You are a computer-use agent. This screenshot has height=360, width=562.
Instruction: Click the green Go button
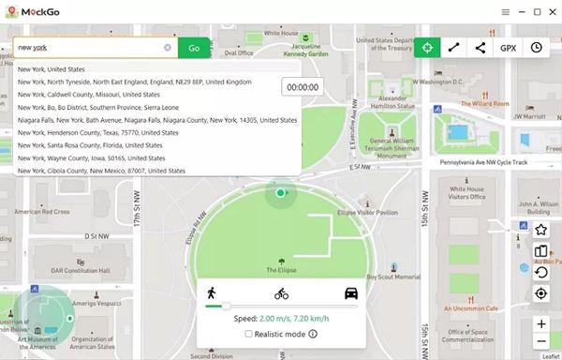click(194, 47)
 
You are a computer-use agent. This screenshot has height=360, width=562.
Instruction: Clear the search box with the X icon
click(168, 47)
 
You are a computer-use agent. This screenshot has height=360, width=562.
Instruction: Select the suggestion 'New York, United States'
click(52, 69)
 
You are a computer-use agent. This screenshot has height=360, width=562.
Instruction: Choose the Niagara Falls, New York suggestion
click(157, 120)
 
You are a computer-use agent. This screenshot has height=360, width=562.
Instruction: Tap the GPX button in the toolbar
click(508, 48)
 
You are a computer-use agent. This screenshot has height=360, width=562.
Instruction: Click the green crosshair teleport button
click(428, 48)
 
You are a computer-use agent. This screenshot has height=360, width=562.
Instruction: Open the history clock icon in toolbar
click(537, 48)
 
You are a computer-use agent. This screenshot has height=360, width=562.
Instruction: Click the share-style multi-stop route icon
click(481, 48)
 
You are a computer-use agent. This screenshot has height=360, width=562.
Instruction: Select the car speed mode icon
click(350, 292)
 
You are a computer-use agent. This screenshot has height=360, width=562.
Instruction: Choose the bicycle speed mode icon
click(281, 293)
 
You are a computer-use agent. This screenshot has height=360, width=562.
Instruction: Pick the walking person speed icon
click(212, 292)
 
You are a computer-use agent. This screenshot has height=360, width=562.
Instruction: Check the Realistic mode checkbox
click(248, 334)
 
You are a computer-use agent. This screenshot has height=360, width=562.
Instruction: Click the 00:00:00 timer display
click(303, 86)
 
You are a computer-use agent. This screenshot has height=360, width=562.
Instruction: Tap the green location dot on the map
click(280, 193)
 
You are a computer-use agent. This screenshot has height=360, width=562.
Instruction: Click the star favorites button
click(540, 230)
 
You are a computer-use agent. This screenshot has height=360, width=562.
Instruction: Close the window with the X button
click(552, 12)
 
